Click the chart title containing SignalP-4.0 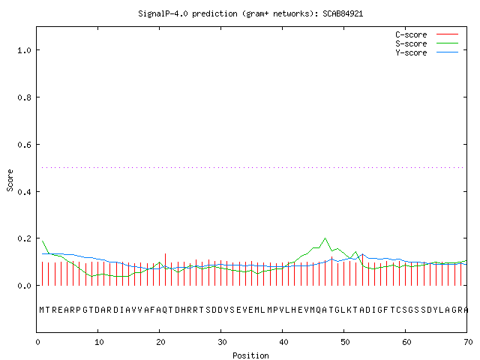tap(250, 13)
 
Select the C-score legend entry tap(427, 34)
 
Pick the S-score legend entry tap(427, 43)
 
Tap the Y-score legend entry tap(427, 52)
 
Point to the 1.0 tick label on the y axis tap(24, 50)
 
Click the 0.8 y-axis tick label tap(24, 97)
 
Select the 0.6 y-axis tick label tap(24, 145)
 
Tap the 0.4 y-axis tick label tap(24, 192)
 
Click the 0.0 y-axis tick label tap(24, 286)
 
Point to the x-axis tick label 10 tap(99, 342)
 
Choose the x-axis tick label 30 tap(222, 342)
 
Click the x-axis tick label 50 tap(345, 342)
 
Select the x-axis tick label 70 tap(468, 342)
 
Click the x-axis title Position tap(250, 355)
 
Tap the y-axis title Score tap(10, 180)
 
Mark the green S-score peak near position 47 tap(325, 238)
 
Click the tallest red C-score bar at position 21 tap(165, 269)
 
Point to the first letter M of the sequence tap(42, 310)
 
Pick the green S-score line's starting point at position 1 tap(42, 241)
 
